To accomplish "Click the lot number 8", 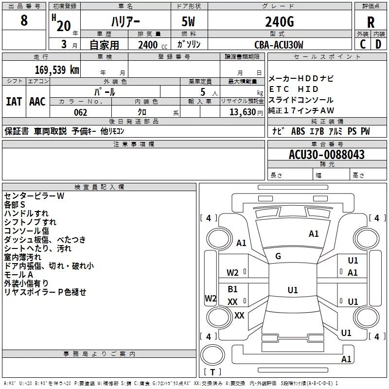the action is tap(24, 21).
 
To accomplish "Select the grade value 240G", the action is tap(279, 21).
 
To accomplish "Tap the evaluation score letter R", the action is tap(371, 22).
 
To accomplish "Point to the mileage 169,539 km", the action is tap(56, 70).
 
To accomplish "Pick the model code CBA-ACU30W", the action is tap(279, 45).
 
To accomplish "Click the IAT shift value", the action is tap(14, 102).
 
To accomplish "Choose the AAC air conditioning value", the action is tap(37, 102).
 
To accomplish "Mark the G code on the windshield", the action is tap(278, 256).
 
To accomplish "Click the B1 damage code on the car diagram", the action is tap(233, 289).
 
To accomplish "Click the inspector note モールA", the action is tap(18, 274).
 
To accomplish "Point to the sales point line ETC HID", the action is tap(294, 89).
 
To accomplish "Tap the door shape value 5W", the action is tap(189, 22).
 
